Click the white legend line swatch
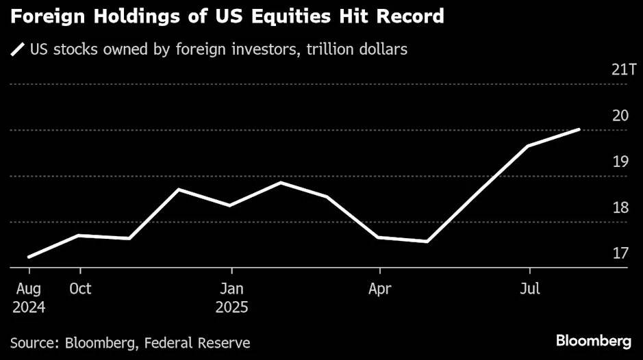pos(16,49)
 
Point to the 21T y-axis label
pos(618,70)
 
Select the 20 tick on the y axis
pos(620,116)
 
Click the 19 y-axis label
pos(620,162)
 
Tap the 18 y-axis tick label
pos(620,207)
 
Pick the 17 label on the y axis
pos(620,254)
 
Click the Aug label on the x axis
pos(28,289)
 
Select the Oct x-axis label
pos(80,289)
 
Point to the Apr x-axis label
pos(379,289)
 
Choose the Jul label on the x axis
pos(529,289)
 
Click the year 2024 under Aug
pos(28,307)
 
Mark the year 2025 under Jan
pos(232,307)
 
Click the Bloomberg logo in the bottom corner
pos(593,341)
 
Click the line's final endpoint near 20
pos(580,129)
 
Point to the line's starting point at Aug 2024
pos(29,257)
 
